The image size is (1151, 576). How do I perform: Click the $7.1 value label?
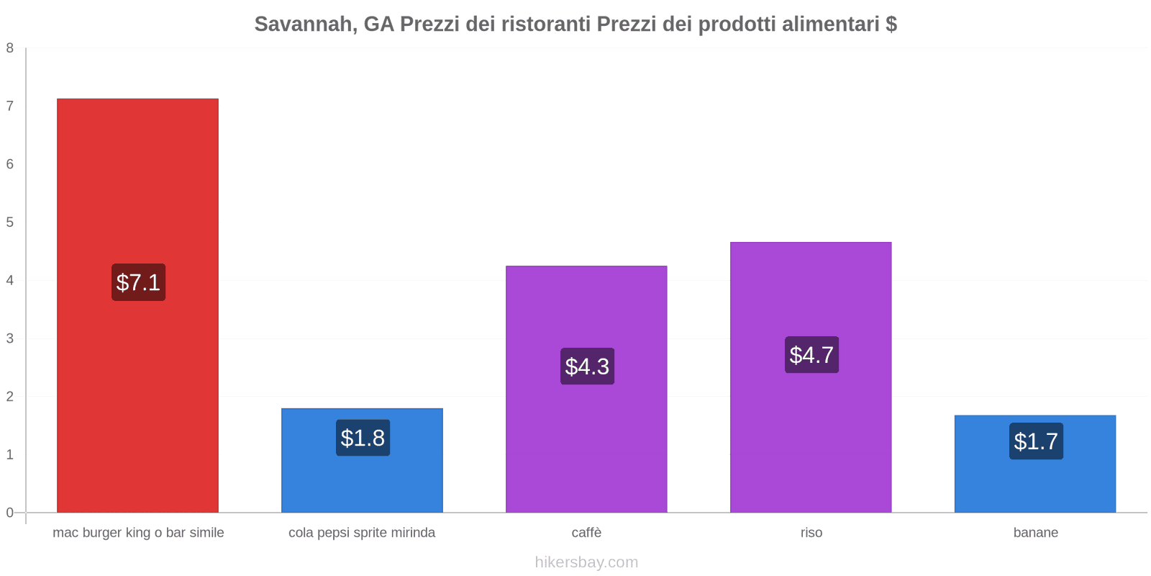[138, 282]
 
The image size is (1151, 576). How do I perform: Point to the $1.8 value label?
[363, 438]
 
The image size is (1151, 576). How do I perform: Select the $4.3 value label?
[587, 366]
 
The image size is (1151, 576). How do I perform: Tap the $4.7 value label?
[811, 355]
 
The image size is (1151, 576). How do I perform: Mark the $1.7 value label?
[1036, 441]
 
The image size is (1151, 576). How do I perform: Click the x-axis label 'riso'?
[811, 533]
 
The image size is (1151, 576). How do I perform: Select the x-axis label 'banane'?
[1035, 533]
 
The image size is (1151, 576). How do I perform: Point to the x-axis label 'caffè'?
[586, 533]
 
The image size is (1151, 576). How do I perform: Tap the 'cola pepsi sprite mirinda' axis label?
[362, 533]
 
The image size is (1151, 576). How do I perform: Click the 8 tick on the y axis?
[10, 48]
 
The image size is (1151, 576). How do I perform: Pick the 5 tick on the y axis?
[10, 222]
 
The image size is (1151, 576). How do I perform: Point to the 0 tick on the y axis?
[10, 513]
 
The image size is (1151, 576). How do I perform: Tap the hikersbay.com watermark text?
[586, 562]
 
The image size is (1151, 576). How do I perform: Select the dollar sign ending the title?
[891, 24]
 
